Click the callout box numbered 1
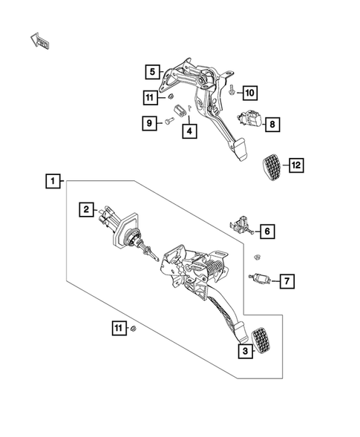coord(51,180)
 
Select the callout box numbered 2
coord(87,210)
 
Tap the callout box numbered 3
coord(243,352)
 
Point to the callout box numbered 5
coord(152,72)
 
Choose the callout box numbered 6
coord(266,231)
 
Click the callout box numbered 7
coord(287,280)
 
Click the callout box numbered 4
coord(190,131)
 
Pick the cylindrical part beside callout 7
coord(261,280)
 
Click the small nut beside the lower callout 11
coord(133,327)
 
